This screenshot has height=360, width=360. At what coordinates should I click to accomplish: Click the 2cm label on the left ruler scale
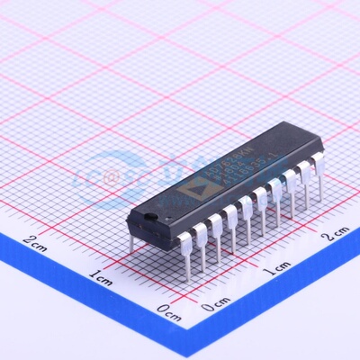click(x=37, y=240)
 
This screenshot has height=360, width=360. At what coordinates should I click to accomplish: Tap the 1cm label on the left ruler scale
click(x=101, y=274)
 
